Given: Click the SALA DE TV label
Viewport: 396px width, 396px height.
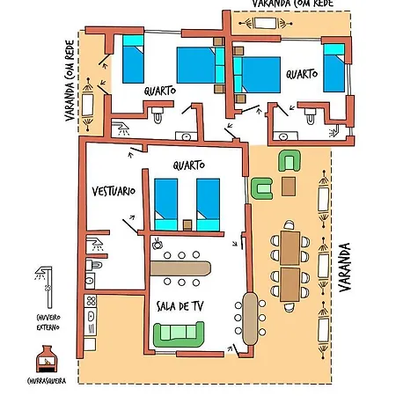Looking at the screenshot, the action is [180, 306].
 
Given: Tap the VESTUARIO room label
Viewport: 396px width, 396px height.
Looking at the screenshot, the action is [114, 191].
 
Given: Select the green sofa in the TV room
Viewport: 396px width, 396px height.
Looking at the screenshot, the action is [179, 334].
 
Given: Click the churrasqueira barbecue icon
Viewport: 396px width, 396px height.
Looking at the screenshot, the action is [47, 359].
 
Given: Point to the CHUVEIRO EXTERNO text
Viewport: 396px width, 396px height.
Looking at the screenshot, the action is [48, 322].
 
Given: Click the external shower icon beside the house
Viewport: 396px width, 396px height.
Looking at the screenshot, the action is [45, 287].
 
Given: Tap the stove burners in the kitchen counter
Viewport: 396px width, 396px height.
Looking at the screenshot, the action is [91, 301].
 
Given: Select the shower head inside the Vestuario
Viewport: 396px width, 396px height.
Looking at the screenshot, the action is [95, 244].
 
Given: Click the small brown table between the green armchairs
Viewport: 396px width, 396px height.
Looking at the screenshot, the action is [289, 187].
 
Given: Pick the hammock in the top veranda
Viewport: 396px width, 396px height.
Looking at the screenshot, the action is [266, 23].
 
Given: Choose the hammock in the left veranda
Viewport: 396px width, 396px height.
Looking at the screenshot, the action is [88, 104].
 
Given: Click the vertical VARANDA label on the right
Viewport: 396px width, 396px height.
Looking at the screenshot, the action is [345, 268].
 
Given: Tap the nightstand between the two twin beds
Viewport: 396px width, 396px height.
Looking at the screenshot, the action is [187, 225].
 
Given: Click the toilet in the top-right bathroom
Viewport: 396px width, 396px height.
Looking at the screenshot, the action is [310, 116].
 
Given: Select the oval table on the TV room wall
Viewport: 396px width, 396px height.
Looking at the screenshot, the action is [250, 319].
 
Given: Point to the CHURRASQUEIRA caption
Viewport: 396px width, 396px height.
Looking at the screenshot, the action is [47, 381].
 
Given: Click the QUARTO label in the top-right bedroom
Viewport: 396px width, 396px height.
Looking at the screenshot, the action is [302, 74].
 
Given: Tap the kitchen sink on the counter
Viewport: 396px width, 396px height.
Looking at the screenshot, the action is [91, 316].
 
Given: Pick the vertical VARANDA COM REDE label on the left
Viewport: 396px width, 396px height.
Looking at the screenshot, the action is [70, 81].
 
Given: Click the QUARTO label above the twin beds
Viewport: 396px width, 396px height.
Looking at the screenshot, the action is [188, 165].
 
